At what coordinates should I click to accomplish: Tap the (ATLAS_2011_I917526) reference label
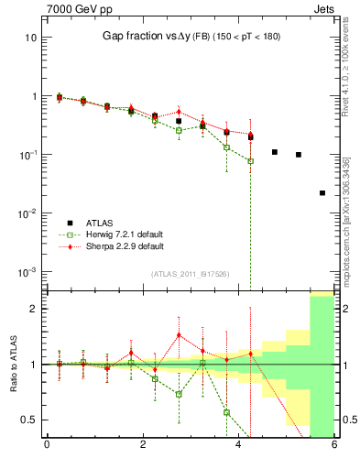pyautogui.click(x=189, y=275)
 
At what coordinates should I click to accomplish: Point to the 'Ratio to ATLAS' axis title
pyautogui.click(x=13, y=364)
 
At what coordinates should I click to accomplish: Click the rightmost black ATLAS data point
pyautogui.click(x=322, y=193)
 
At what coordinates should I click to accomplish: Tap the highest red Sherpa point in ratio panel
pyautogui.click(x=179, y=335)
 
